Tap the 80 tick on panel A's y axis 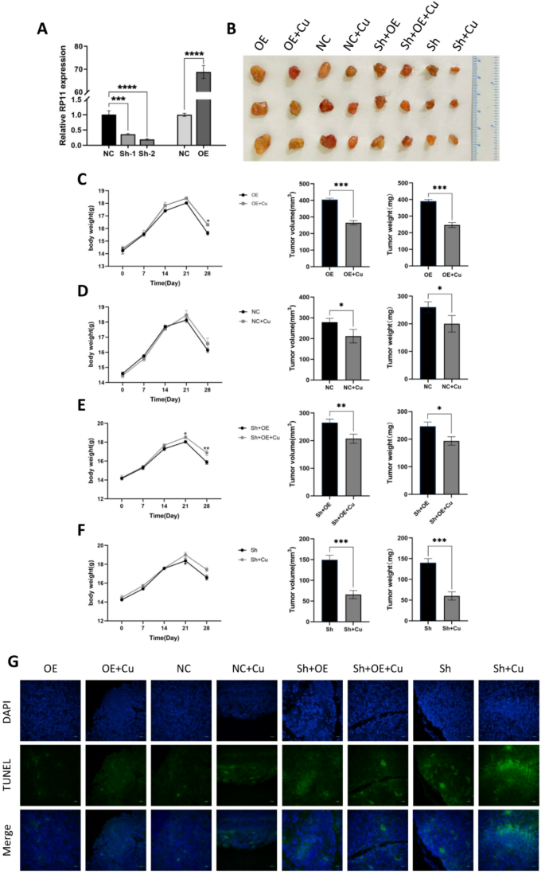[x=80, y=46]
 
